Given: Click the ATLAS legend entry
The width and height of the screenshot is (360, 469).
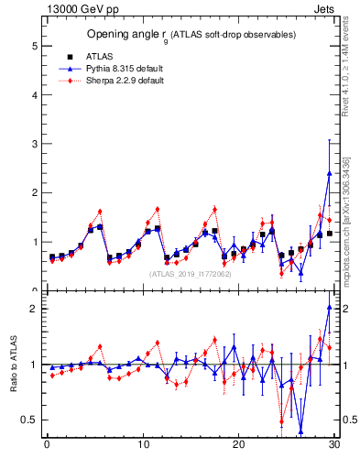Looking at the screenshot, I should point(97,56).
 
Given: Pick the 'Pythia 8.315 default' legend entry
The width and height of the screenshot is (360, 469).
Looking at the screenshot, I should point(117,68).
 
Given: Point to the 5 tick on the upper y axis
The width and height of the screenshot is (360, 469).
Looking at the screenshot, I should point(36,46).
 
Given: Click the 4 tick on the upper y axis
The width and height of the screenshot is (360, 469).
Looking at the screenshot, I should point(36,95).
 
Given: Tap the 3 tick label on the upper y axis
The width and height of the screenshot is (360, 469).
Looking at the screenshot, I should point(36,144).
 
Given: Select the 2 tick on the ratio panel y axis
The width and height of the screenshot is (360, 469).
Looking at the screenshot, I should point(36,309).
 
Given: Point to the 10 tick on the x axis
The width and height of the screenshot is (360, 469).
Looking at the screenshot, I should point(143,445).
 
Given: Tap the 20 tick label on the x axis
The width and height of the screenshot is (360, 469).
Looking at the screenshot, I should point(238,445).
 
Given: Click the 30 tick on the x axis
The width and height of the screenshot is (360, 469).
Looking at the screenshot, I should point(334,445).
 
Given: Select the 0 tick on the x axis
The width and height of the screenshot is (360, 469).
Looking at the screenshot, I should point(47,445).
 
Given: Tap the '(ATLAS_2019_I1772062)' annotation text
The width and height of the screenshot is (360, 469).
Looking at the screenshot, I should point(191,273).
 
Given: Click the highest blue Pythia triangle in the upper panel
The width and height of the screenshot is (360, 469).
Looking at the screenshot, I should point(329,173).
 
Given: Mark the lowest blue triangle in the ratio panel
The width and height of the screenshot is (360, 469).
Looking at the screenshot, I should point(300,431).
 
